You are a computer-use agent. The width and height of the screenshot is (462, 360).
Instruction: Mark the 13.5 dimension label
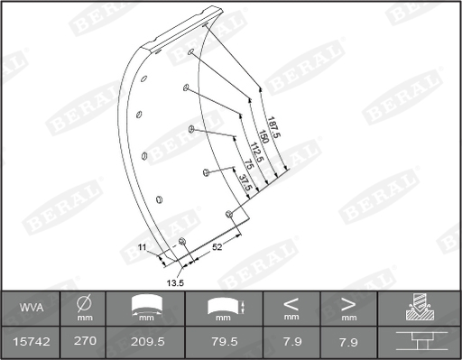[x=175, y=282]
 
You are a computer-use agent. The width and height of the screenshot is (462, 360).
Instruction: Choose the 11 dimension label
[x=142, y=246]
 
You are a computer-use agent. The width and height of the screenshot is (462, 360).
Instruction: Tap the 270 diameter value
[x=85, y=341]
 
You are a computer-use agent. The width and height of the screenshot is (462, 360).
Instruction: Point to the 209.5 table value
[x=145, y=341]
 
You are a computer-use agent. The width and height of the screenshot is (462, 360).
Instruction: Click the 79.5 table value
[x=223, y=341]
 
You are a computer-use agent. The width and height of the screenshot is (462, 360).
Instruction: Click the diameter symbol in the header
[x=85, y=304]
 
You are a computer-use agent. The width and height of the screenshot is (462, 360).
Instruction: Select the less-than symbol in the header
[x=291, y=304]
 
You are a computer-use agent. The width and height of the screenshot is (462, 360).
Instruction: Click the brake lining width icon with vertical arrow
[x=225, y=308]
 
